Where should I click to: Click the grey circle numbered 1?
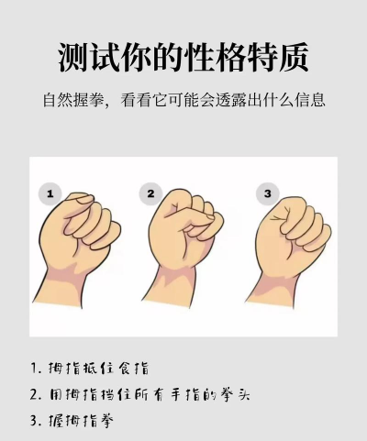point(50,193)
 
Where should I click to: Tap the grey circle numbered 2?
point(150,193)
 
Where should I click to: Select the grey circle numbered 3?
point(268,193)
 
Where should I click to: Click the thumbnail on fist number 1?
point(85,200)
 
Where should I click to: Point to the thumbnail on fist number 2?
point(210,217)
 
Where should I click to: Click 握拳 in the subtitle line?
point(89,100)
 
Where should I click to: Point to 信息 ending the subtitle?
point(310,100)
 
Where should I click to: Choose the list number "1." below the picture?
point(36,368)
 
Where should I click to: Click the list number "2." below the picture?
point(36,394)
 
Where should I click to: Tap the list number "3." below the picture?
point(36,421)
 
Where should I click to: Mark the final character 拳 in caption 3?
point(106,421)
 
